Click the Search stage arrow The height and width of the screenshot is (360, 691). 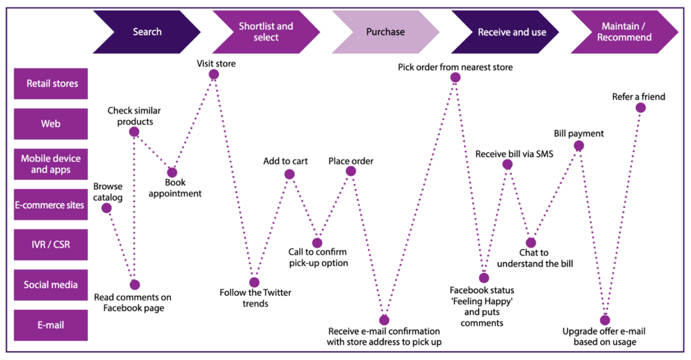(x=147, y=32)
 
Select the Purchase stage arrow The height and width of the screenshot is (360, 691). (x=385, y=32)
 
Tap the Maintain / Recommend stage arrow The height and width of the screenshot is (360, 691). (x=624, y=32)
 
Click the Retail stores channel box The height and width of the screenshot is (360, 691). (x=51, y=84)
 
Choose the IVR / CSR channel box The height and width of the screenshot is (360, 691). (x=51, y=244)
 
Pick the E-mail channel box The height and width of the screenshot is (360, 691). (x=51, y=325)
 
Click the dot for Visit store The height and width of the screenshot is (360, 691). (x=214, y=74)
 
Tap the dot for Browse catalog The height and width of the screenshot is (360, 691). (x=107, y=208)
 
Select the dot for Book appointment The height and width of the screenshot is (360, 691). (x=172, y=173)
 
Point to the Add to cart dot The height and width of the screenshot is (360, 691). (x=289, y=174)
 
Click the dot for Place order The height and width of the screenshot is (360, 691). (x=351, y=171)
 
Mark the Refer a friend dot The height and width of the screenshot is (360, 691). (x=640, y=107)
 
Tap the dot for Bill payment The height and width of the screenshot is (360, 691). (x=579, y=145)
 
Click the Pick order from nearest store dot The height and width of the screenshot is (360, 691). (x=455, y=78)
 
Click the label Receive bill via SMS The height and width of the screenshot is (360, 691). (x=514, y=154)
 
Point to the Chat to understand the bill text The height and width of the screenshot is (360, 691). (x=534, y=258)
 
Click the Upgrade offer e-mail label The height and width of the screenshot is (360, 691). (x=604, y=337)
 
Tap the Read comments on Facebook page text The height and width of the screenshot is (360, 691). (x=133, y=303)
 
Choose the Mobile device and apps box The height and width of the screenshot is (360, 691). (x=51, y=164)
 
